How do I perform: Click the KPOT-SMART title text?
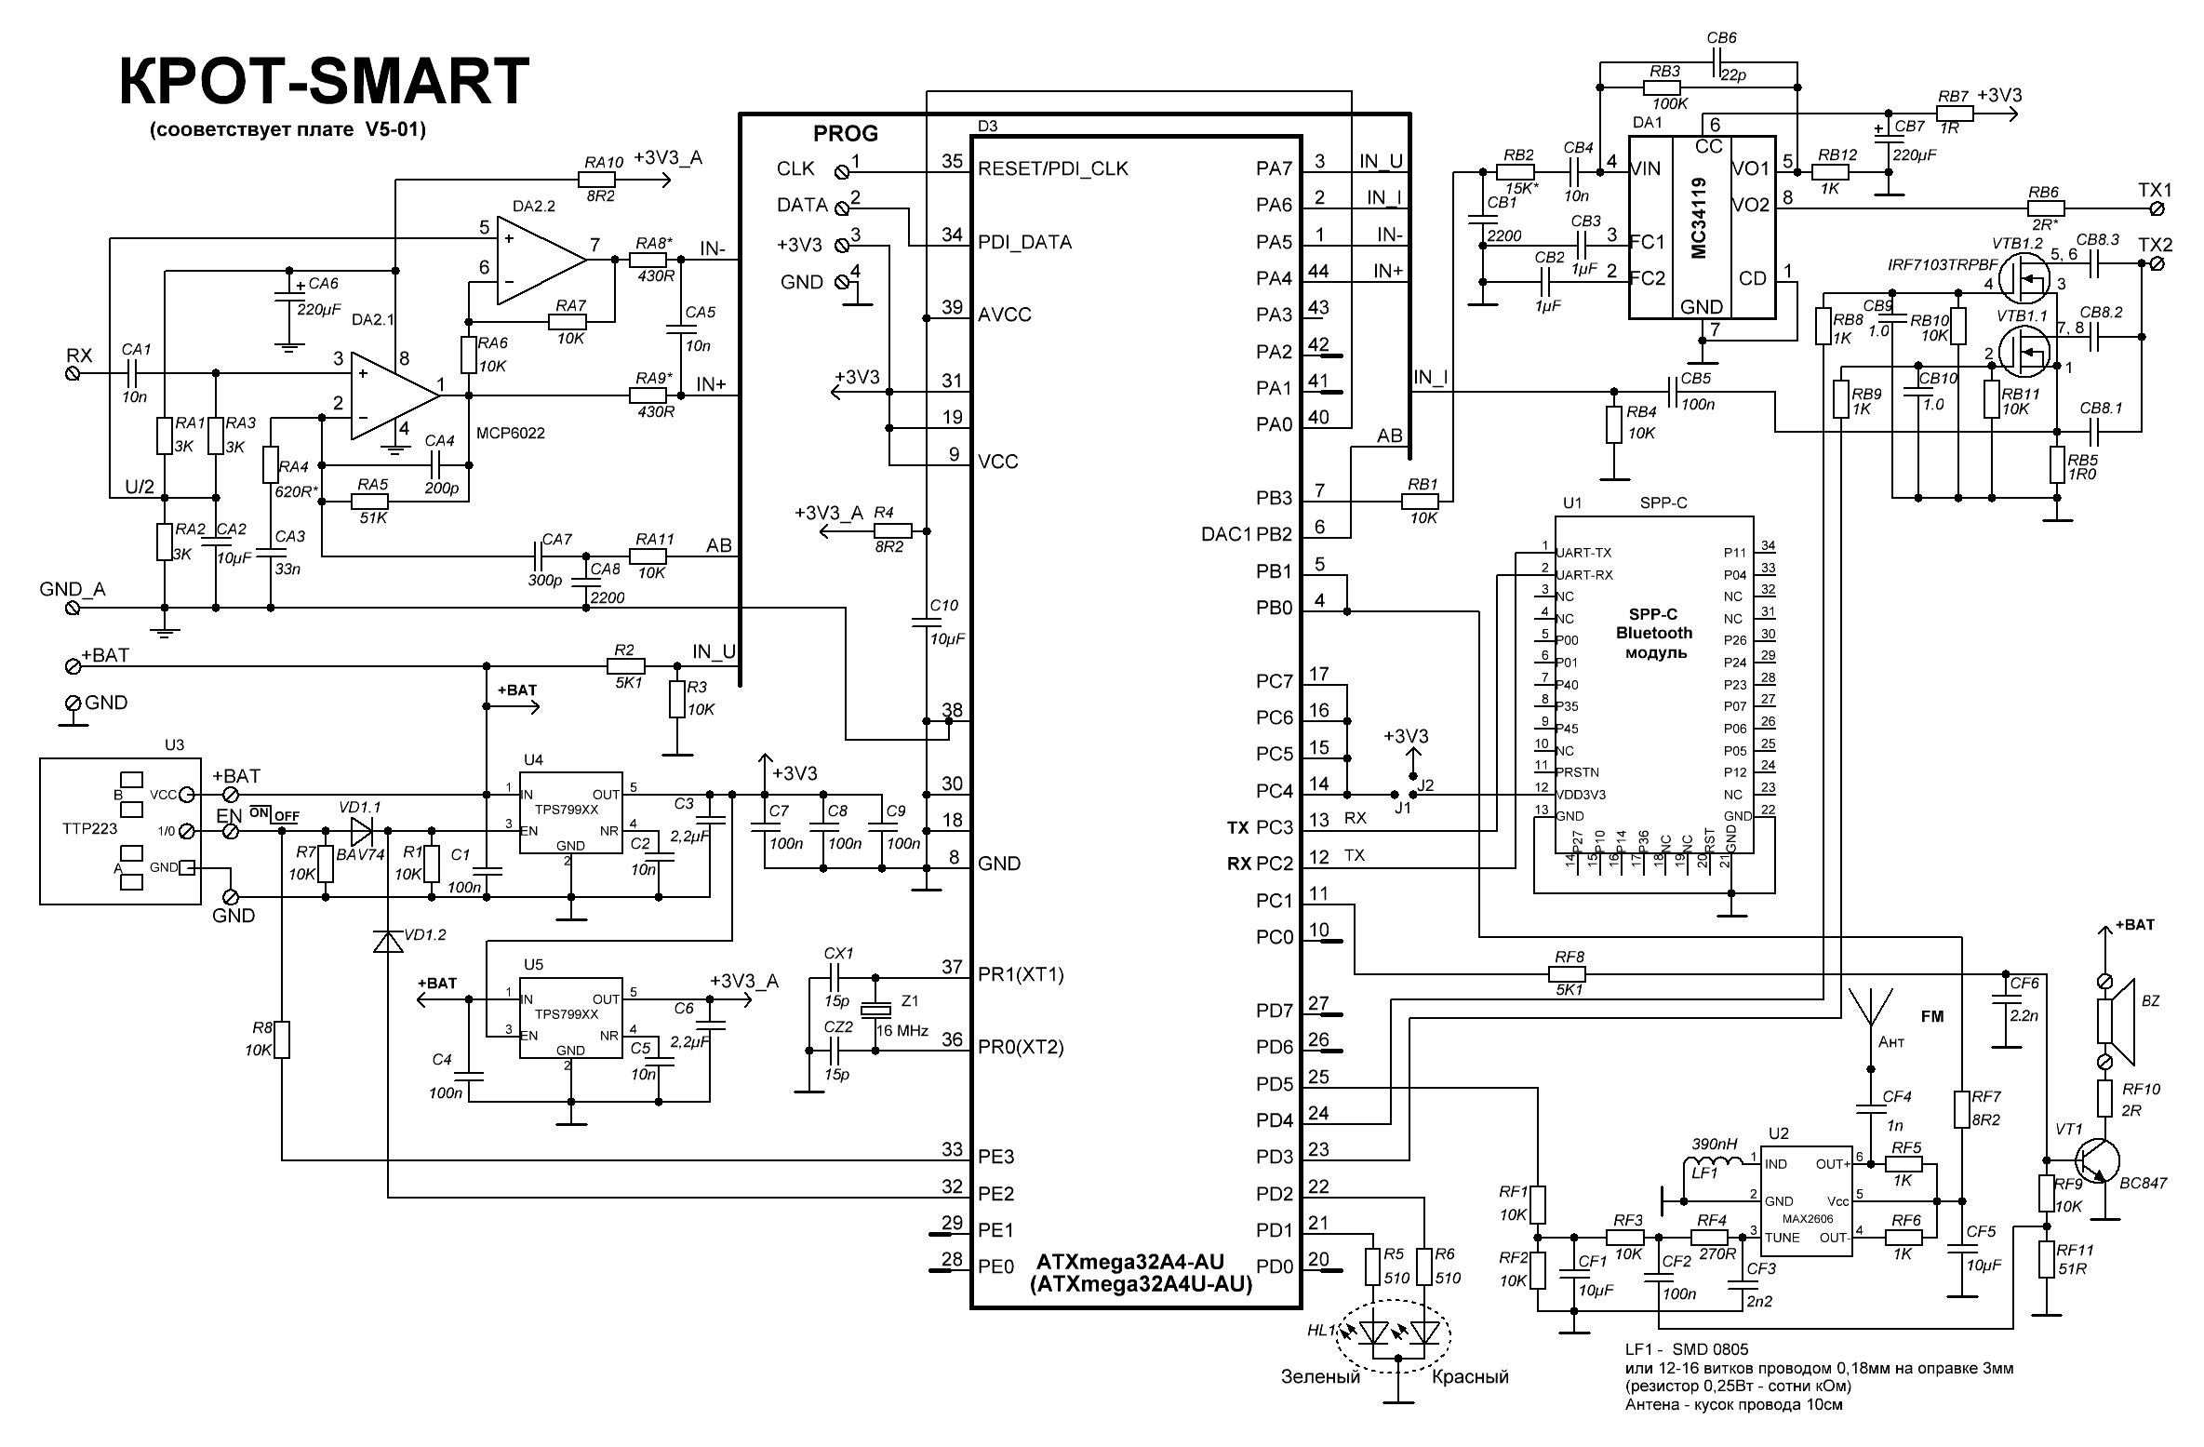click(324, 81)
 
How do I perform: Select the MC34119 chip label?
click(1699, 219)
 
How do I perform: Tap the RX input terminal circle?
click(74, 373)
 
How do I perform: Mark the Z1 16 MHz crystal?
click(875, 1011)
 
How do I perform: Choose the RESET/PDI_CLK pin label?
click(1052, 168)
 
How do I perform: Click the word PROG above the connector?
click(845, 133)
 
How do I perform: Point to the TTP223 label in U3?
click(89, 828)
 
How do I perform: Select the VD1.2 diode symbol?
click(388, 941)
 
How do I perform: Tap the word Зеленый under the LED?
click(1320, 1376)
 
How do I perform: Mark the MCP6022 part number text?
click(510, 433)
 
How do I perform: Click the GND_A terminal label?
click(73, 590)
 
